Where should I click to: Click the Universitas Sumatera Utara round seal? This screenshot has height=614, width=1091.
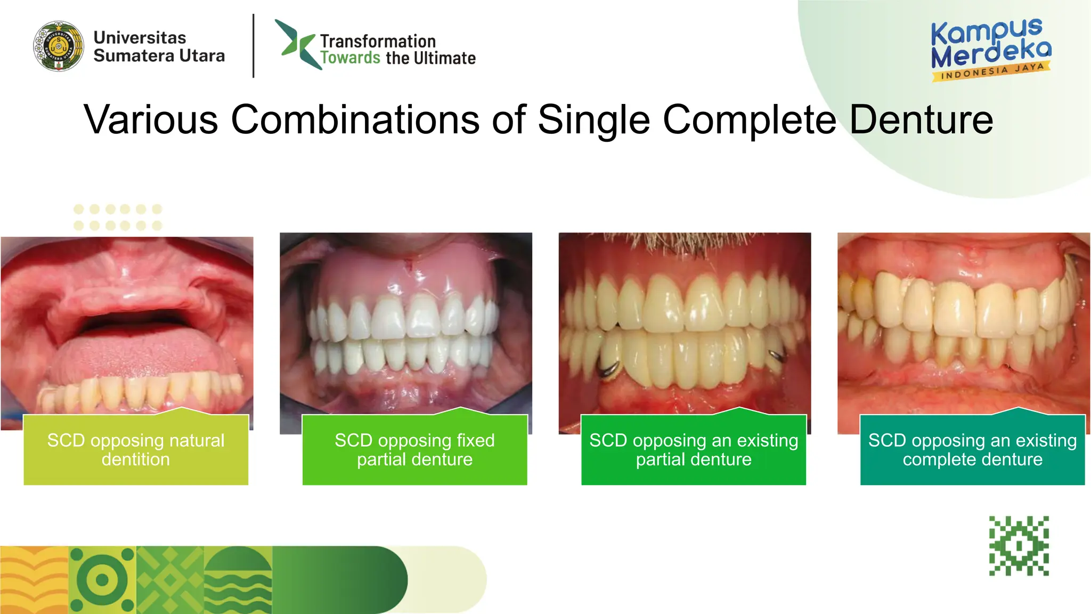click(x=59, y=46)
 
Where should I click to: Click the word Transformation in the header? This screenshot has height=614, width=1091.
click(x=378, y=41)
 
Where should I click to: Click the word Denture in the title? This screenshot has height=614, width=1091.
click(x=921, y=119)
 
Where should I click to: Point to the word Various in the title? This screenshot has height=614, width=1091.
click(x=151, y=119)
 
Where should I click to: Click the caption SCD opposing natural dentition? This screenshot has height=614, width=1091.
click(x=136, y=450)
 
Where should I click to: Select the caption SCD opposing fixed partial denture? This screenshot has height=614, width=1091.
click(x=414, y=450)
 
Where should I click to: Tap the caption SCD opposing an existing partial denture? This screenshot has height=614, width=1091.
click(x=693, y=450)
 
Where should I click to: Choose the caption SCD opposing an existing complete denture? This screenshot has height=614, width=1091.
click(x=972, y=450)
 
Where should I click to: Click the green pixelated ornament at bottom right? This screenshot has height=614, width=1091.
click(x=1019, y=546)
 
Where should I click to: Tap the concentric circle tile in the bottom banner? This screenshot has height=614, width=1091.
click(x=102, y=580)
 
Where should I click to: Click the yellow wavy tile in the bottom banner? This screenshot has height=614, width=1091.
click(x=34, y=580)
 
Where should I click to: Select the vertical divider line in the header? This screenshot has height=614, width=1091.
click(x=254, y=46)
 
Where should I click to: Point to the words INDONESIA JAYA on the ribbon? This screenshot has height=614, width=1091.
click(x=991, y=71)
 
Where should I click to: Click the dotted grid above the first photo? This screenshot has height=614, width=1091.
click(x=117, y=217)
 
